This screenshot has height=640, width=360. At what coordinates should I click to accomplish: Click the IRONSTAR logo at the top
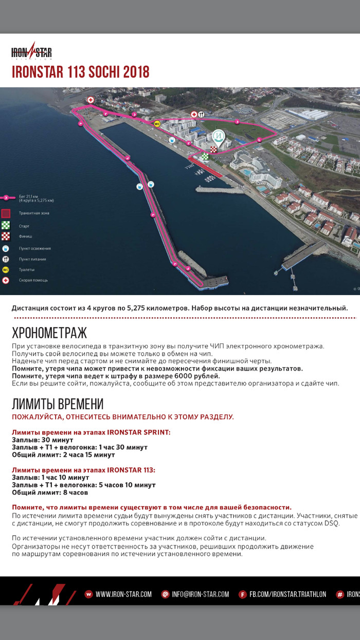(31, 52)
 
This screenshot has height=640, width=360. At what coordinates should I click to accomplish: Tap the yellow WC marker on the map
(157, 123)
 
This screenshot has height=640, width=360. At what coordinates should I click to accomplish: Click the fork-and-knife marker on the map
(202, 114)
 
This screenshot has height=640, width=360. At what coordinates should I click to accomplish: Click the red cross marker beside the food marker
(194, 114)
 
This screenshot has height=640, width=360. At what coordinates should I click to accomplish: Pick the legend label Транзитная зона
(34, 213)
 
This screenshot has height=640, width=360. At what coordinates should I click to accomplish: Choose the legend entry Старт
(24, 226)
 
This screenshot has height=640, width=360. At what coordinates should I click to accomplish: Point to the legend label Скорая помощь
(33, 281)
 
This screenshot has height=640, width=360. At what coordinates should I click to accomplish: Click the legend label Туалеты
(27, 270)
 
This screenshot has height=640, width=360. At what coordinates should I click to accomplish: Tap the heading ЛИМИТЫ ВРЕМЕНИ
(58, 404)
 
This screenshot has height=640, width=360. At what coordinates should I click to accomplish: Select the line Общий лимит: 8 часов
(49, 492)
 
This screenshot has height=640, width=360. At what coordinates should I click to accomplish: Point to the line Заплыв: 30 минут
(43, 440)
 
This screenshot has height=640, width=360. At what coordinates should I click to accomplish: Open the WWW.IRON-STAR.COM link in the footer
(123, 594)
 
